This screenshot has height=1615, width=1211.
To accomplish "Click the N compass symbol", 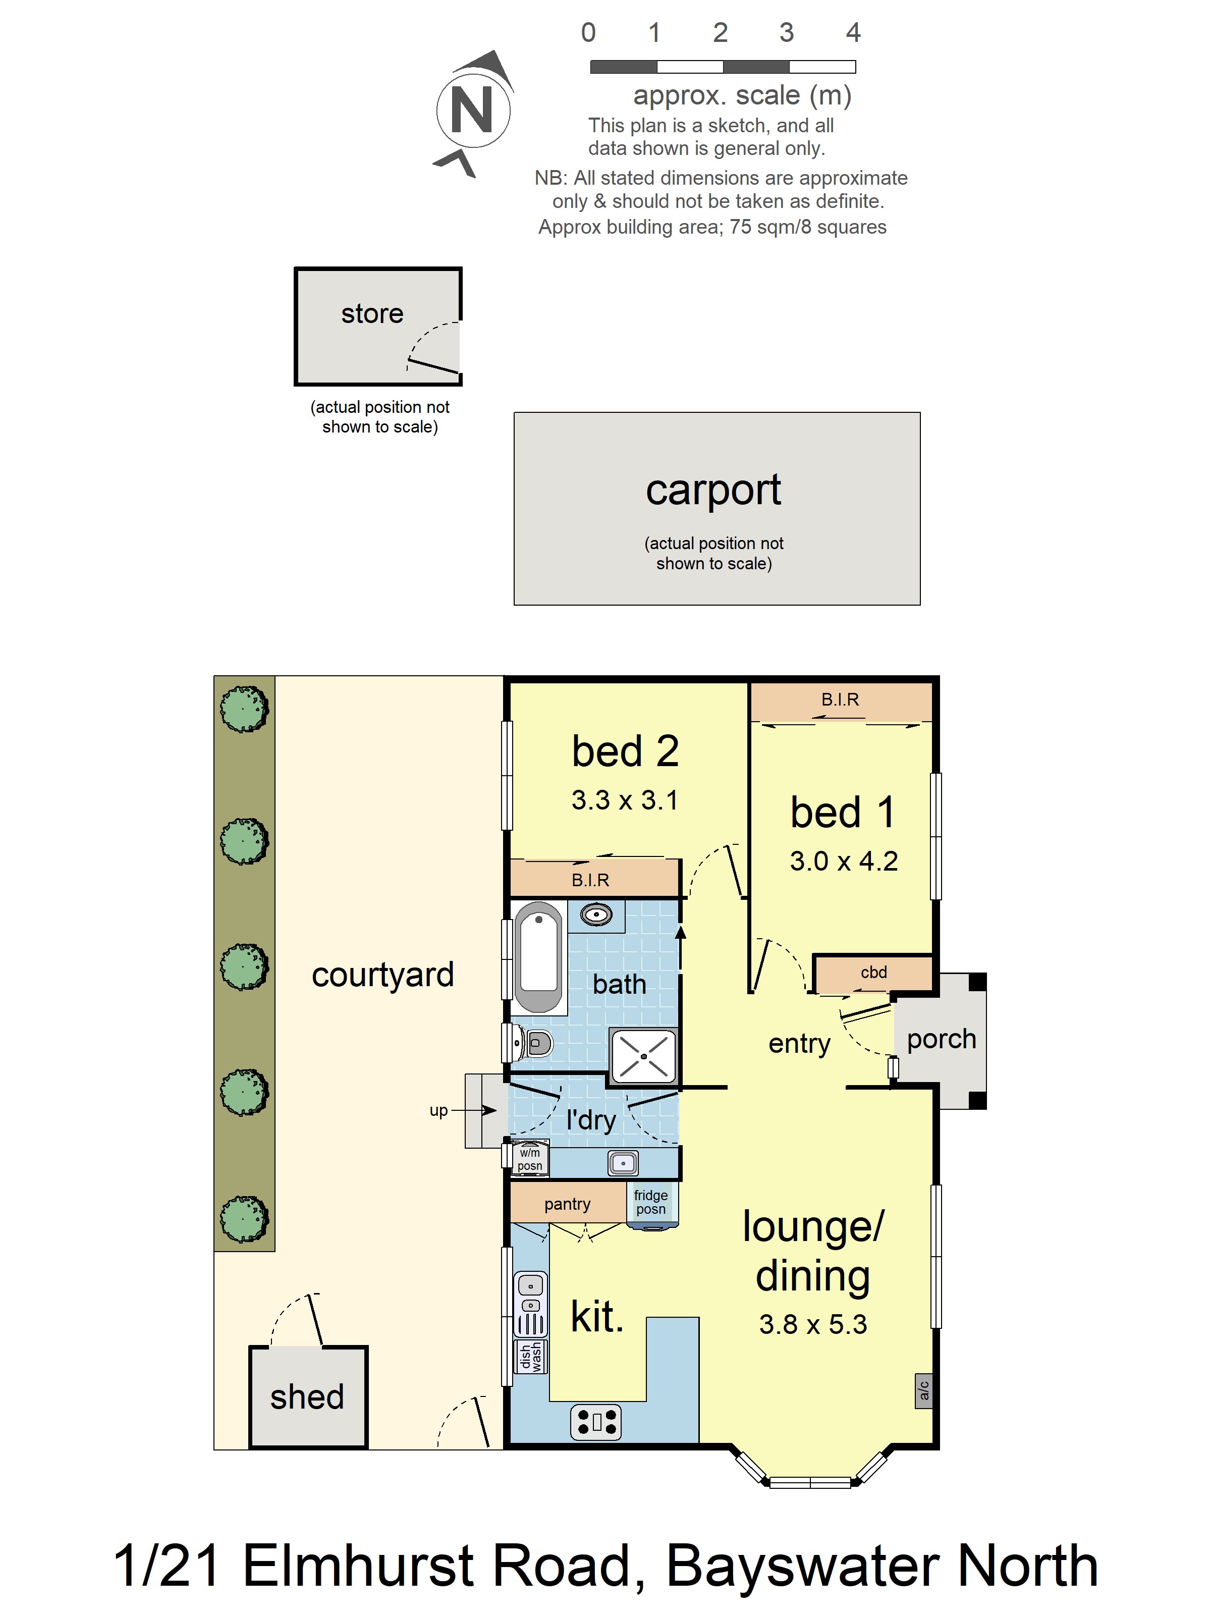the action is tap(473, 111).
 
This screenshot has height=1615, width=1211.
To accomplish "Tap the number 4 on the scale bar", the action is tap(853, 33).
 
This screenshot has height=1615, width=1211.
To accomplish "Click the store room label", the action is tap(372, 313).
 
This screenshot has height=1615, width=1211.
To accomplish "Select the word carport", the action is tap(713, 491).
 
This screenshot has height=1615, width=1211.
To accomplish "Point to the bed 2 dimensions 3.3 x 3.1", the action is tap(625, 800).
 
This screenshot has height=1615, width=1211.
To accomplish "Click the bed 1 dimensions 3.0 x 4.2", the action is tap(843, 862).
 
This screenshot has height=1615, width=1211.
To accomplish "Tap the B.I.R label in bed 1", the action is tap(840, 699).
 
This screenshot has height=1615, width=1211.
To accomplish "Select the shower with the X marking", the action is tap(643, 1056).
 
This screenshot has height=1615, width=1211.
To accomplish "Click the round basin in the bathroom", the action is tap(596, 914).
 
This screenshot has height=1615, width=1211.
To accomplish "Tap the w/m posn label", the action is tap(530, 1159).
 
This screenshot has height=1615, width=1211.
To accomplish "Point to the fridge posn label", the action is tap(650, 1202).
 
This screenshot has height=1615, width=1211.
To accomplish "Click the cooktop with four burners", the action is tap(595, 1422).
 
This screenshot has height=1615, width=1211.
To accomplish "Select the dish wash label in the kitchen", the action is tap(531, 1357).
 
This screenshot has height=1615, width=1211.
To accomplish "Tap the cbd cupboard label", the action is tap(874, 973).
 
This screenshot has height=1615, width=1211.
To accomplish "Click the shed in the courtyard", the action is tap(308, 1396).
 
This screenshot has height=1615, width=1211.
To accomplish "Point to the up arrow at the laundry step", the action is tap(474, 1110).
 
